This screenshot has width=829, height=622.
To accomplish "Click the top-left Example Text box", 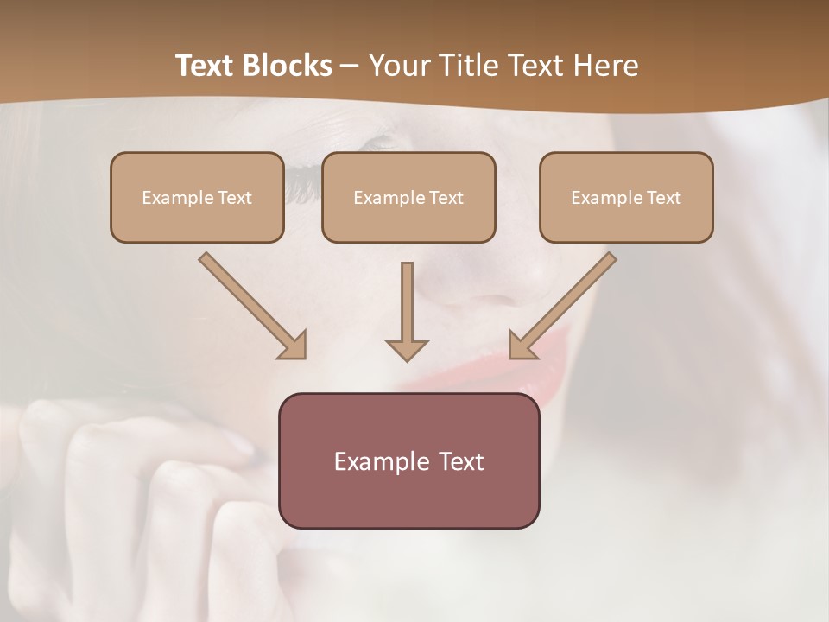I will click(197, 197).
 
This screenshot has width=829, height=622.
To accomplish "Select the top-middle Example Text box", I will click(408, 197).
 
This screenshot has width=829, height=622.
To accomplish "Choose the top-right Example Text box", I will click(626, 197).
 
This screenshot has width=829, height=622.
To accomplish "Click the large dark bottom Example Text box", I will click(408, 460).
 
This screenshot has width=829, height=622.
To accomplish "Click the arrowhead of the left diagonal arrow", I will click(294, 346).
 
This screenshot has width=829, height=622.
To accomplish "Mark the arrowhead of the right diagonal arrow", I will click(522, 346).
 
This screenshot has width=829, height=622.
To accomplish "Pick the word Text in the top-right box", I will click(663, 198).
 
